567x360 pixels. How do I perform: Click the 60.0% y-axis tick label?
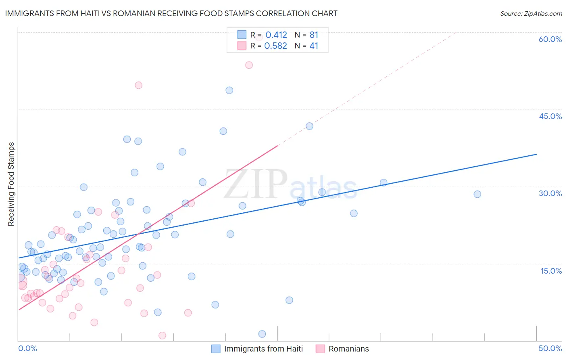coord(550,39)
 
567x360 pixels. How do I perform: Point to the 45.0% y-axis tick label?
coord(550,116)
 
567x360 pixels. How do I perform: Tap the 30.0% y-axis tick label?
coord(550,193)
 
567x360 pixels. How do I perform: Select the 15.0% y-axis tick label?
coord(551,271)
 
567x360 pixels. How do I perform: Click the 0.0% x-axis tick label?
coord(27,348)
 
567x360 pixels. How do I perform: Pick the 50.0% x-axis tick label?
coord(550,348)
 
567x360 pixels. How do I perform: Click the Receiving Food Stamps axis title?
coord(11,184)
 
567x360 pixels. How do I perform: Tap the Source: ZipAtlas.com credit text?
coord(531,14)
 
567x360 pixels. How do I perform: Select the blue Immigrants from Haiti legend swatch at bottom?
coord(216,349)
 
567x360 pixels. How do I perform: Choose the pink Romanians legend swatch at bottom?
coord(320,349)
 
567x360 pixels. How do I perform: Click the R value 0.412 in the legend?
coord(276,35)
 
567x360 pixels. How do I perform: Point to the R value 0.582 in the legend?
coord(276,46)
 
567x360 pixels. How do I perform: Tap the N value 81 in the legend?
coord(314,35)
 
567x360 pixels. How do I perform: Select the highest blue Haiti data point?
coord(229,90)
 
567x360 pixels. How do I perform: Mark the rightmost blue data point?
coord(477,194)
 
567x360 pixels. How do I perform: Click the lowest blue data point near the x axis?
coord(262,334)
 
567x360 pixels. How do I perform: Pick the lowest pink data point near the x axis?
coord(162,335)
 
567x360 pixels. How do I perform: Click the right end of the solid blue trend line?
coord(536,154)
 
